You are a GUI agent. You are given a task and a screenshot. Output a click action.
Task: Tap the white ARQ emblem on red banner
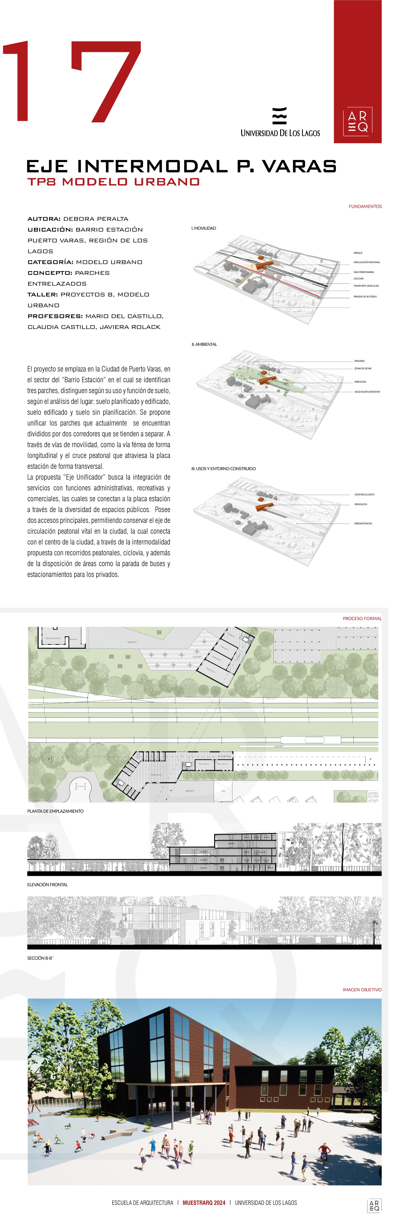pyautogui.click(x=358, y=121)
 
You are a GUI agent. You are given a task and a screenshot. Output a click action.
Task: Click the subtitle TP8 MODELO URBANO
pyautogui.click(x=113, y=182)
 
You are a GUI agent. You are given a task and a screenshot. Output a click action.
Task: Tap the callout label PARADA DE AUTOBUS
pyautogui.click(x=365, y=297)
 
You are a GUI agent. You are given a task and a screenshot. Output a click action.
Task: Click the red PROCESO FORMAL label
pyautogui.click(x=362, y=618)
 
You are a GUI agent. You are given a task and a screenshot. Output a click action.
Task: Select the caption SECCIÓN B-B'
pyautogui.click(x=40, y=958)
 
